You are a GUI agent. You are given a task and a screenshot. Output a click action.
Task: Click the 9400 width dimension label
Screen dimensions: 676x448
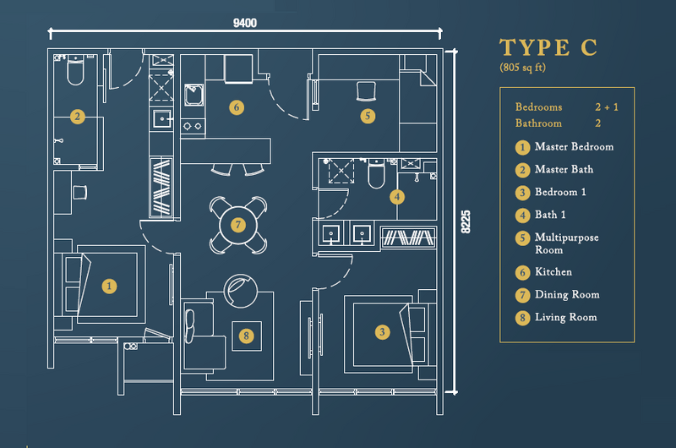245,23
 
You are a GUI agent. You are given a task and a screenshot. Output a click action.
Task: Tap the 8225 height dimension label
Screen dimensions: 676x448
466,222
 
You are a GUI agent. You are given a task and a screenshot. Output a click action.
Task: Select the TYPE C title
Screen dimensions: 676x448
548,47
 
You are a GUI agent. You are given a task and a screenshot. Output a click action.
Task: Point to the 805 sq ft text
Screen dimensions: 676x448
522,68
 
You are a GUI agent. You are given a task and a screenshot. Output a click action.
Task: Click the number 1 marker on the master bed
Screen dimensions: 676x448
109,286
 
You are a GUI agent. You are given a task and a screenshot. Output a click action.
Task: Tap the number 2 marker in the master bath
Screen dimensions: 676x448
78,117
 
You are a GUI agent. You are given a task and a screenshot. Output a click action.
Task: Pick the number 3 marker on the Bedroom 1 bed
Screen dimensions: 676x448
382,332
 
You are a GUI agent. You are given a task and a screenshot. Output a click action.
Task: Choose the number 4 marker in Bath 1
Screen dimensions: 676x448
397,197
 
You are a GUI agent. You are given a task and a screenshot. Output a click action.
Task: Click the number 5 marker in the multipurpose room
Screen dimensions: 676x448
368,116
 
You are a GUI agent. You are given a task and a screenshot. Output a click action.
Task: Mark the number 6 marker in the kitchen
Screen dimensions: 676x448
237,107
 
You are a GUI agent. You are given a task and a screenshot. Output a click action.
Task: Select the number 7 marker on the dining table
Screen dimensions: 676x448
238,225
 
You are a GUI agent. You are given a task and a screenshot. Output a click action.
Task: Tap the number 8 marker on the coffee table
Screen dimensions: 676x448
246,336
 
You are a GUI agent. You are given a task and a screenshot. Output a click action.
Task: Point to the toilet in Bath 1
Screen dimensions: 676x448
376,174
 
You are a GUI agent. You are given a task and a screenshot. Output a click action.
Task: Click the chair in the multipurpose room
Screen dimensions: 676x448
367,91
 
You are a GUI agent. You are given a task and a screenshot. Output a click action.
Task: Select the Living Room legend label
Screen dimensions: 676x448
565,317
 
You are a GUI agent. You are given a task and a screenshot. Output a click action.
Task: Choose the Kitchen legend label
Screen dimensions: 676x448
553,271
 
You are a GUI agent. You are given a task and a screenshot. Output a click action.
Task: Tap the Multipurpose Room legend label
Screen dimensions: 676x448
566,243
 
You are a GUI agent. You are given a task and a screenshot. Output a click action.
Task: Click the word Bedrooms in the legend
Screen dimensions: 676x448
538,107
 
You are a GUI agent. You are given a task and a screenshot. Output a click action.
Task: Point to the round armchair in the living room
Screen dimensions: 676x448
241,291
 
